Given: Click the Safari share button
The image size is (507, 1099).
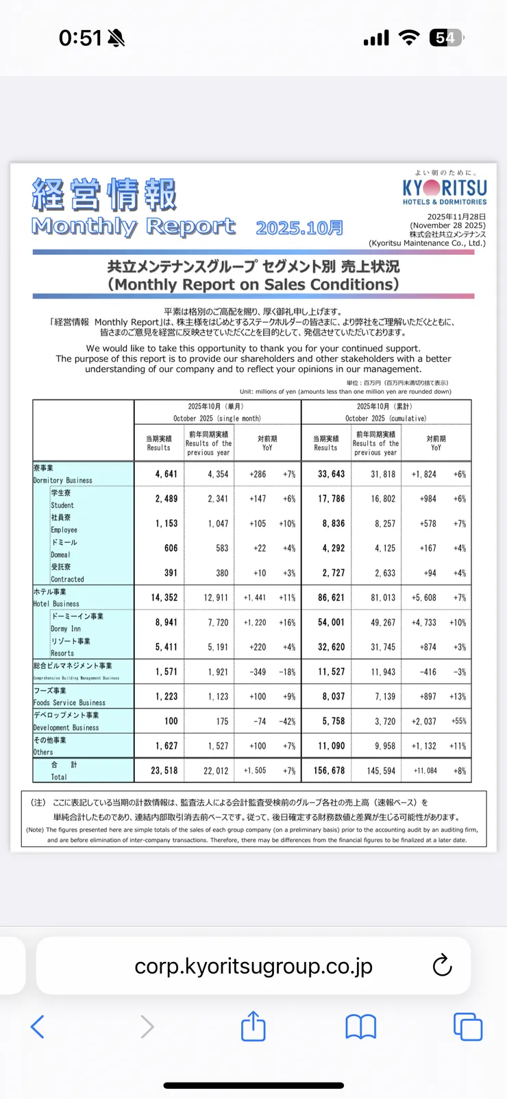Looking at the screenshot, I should point(253,1026).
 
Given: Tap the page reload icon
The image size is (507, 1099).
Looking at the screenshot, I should point(443,965).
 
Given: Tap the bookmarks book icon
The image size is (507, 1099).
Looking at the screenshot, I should point(360,1026).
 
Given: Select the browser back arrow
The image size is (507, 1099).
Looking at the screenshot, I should point(38,1026).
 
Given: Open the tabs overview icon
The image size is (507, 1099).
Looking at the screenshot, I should point(468,1026).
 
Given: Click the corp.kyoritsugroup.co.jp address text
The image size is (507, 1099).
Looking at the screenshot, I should point(253,966).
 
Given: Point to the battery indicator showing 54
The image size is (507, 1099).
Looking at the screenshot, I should point(446,38).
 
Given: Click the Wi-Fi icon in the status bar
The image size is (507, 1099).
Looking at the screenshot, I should point(409,38).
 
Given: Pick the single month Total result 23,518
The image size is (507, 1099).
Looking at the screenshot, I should point(164,771).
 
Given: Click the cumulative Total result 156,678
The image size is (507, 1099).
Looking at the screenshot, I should point(330,771).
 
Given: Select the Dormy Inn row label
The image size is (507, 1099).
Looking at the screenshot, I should point(66,628).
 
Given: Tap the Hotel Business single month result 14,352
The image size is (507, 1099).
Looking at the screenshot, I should point(164,597).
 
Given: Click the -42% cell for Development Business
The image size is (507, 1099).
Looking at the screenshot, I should point(288,721).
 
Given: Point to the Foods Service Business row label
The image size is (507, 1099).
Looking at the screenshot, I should point(69,702).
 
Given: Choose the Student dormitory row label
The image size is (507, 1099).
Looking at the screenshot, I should point(62,505).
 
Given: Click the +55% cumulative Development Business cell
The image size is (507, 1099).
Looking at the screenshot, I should point(458,721).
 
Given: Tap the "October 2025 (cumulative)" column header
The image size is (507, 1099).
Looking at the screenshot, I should point(386,418).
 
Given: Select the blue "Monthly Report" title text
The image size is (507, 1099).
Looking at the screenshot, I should point(134,226).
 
